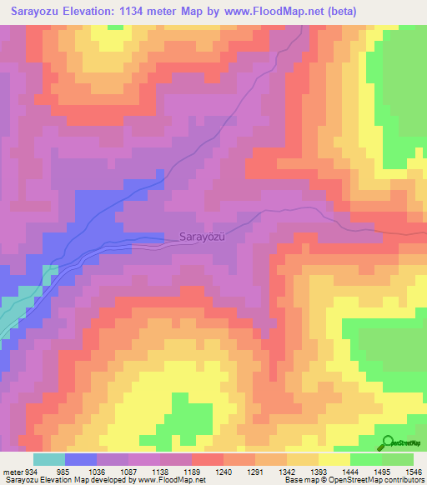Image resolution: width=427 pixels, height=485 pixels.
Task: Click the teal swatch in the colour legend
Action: click(48, 460)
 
